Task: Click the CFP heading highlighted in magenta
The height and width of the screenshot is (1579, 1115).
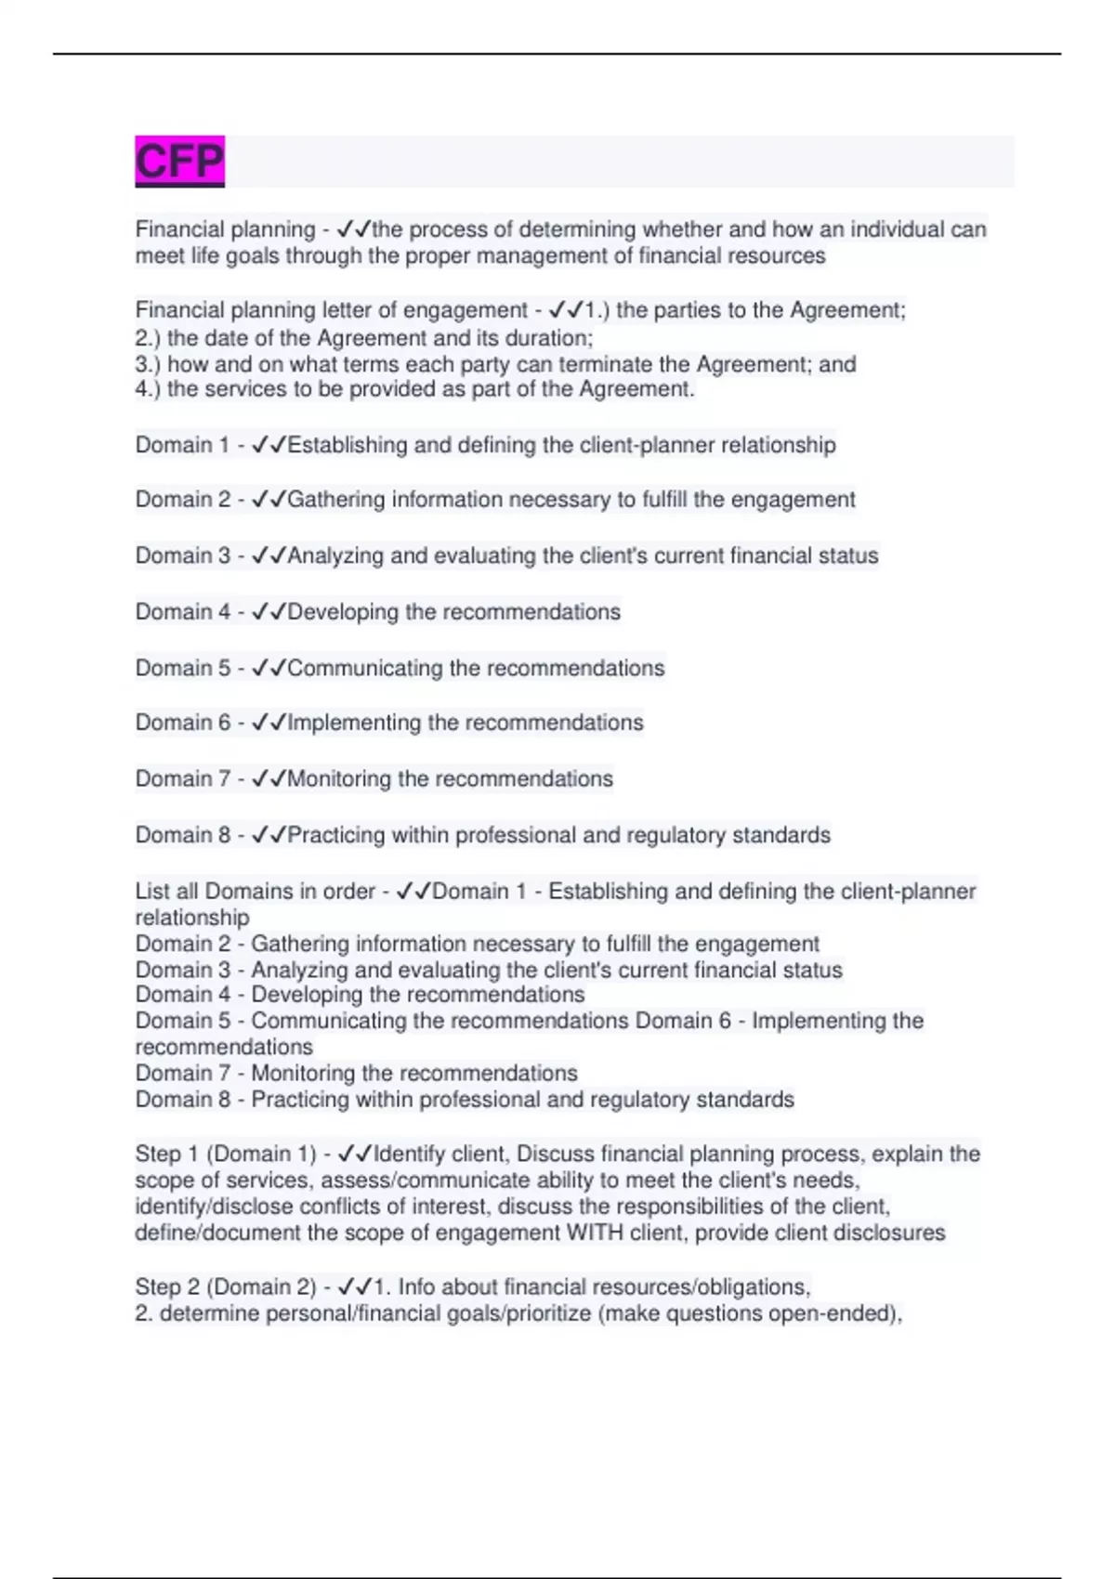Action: tap(179, 162)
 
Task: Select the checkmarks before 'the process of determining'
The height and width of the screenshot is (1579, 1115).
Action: tap(354, 229)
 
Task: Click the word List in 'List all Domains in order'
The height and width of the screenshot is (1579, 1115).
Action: tap(152, 892)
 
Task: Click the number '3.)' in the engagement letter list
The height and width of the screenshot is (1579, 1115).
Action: tap(148, 364)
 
